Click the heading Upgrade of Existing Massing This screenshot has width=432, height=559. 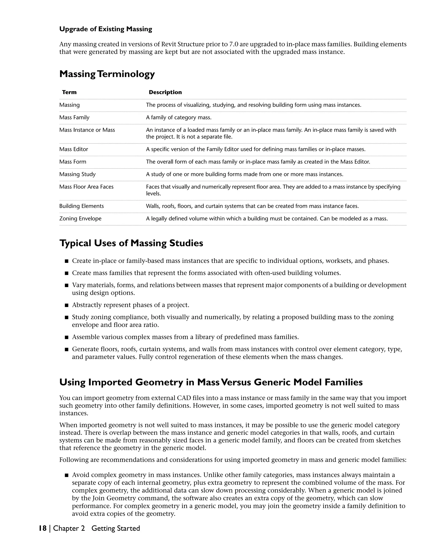coord(105,29)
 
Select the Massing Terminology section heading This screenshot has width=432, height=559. coord(107,74)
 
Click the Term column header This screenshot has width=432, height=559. coord(69,92)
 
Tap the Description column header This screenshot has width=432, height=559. coord(165,92)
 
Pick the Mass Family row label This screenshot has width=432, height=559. coord(74,117)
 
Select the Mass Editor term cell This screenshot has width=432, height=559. coord(73,149)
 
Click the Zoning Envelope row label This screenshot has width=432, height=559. coord(80,219)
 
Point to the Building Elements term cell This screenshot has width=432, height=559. coord(81,206)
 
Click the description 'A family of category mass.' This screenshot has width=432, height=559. coord(178,117)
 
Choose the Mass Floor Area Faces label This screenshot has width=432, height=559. coord(86,187)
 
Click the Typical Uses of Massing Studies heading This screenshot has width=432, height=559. coord(131,243)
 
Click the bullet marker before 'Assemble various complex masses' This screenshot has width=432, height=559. coord(66,337)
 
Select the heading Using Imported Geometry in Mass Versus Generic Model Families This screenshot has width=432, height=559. coord(211,382)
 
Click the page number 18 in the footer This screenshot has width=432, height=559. coord(42,528)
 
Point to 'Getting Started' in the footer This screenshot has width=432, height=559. coord(115,528)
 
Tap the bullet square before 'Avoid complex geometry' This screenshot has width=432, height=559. coord(66,475)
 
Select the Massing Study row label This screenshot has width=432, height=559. coord(77,174)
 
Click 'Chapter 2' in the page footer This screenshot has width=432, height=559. coord(69,528)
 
